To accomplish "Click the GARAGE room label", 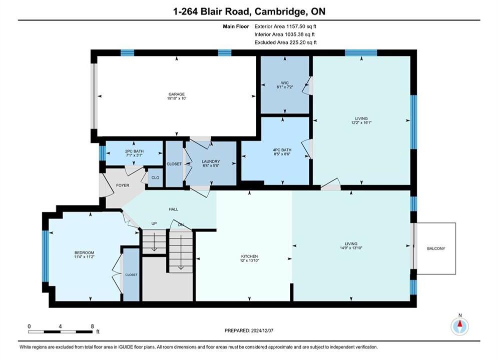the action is (177, 94).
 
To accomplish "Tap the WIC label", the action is (285, 83).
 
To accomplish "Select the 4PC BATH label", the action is (282, 149).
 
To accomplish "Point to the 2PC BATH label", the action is (134, 151).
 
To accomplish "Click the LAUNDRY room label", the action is (211, 161).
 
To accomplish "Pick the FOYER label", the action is (123, 185).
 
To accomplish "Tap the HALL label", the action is (173, 209).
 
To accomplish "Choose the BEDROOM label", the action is (85, 253).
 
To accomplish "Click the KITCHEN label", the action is (250, 256).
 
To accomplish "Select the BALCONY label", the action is (436, 248).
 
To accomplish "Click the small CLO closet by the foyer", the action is (155, 177).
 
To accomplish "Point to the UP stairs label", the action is (154, 223).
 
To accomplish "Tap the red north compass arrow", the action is (460, 324).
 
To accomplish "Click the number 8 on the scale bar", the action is (93, 326).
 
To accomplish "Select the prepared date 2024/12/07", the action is (262, 330).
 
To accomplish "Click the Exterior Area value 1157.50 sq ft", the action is (301, 26).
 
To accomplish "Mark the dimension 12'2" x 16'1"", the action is (361, 122).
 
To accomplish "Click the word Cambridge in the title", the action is (279, 11).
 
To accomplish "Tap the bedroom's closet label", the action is (131, 274).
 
